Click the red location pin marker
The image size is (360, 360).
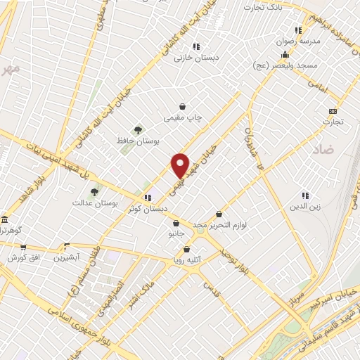coord(181,165)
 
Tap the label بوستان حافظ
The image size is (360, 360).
coord(138,141)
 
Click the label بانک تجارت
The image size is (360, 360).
coord(262,7)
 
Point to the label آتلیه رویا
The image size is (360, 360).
coord(187,259)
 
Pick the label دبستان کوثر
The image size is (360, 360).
coord(148,209)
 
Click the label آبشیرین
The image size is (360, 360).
coord(67,257)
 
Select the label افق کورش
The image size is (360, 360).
coord(22,257)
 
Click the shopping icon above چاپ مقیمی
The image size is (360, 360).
coord(182,106)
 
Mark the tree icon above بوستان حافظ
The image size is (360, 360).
coord(138,129)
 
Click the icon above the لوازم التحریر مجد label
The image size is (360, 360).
coord(219,214)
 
